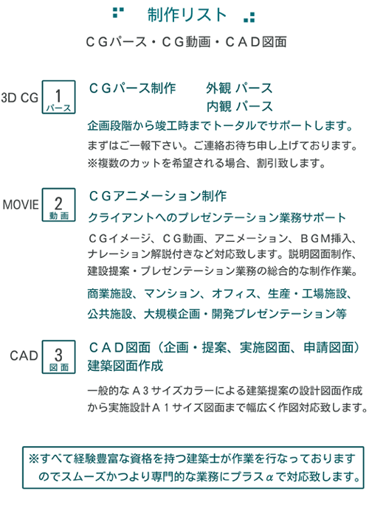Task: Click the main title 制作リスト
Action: click(187, 15)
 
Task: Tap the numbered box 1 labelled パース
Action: click(58, 97)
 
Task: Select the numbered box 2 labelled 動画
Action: click(58, 204)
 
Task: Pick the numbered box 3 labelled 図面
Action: click(58, 357)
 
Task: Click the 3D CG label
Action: click(19, 97)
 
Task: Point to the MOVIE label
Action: click(21, 204)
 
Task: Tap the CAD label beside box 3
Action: click(24, 356)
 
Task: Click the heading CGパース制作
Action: click(133, 88)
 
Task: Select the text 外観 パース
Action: click(239, 88)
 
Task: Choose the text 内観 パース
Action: click(239, 106)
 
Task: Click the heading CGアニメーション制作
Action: click(158, 196)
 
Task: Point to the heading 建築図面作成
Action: click(125, 366)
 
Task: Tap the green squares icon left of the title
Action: click(118, 13)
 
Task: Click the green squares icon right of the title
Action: click(249, 18)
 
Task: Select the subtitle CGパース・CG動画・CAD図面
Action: click(186, 42)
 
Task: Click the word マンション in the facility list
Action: click(172, 293)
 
